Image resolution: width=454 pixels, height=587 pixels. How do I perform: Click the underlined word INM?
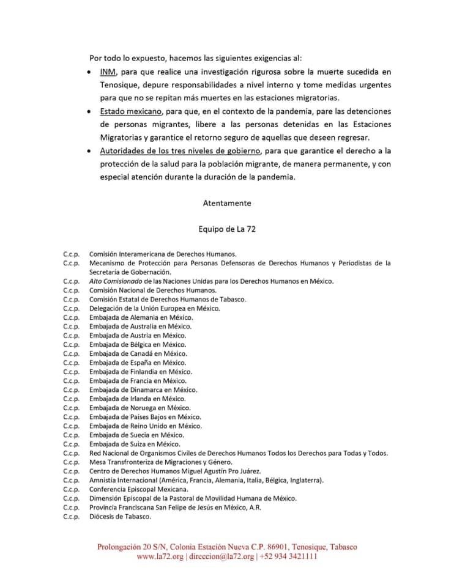click(x=108, y=72)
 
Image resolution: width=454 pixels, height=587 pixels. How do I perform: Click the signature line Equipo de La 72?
click(x=227, y=229)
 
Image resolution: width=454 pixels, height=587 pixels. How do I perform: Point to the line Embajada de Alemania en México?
click(x=141, y=317)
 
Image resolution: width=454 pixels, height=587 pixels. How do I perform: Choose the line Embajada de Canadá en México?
click(x=138, y=353)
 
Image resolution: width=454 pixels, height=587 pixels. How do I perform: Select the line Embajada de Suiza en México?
click(x=135, y=444)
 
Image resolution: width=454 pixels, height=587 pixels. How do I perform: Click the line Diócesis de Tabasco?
click(x=120, y=516)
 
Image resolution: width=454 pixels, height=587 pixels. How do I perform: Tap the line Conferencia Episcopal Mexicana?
click(x=139, y=489)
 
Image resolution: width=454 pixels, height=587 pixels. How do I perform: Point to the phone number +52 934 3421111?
click(x=288, y=557)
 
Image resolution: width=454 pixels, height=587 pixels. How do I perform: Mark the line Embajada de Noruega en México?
click(x=140, y=408)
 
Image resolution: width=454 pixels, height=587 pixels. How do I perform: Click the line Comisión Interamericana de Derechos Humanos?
click(x=163, y=253)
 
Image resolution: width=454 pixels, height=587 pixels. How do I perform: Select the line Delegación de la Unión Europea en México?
click(x=155, y=308)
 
